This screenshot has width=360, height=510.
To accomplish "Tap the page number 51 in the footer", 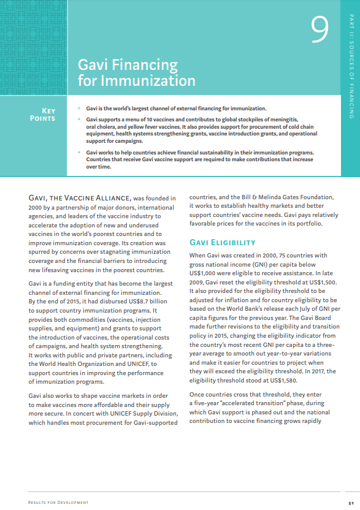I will pos(350,502).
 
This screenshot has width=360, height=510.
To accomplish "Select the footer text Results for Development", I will pos(58,502).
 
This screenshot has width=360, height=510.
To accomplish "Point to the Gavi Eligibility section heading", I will pos(221,242).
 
